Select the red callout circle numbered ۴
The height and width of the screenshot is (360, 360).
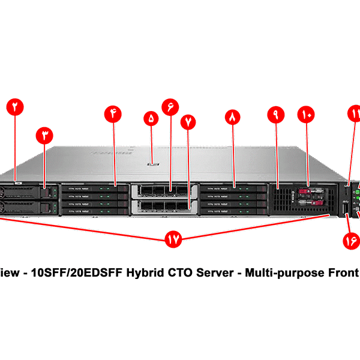pos(113,113)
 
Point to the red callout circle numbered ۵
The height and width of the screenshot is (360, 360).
pos(151,118)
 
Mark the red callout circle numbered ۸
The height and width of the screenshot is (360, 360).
pos(233,117)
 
